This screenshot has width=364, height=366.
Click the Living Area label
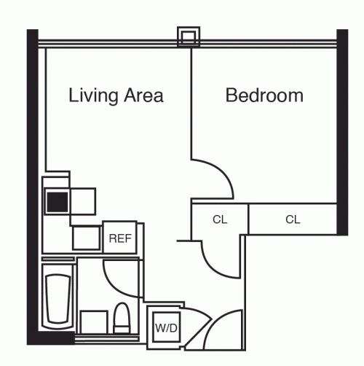115,96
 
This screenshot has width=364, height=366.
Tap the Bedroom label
264,96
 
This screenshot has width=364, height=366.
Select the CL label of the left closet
220,219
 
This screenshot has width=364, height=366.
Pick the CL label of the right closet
293,219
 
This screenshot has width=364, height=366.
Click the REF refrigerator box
118,238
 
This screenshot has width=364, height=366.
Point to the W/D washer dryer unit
166,327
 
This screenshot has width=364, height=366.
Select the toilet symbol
122,319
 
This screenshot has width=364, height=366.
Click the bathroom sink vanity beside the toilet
92,321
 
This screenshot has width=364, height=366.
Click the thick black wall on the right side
342,131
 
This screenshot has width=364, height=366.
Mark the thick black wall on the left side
33,182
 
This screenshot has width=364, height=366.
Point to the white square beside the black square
82,200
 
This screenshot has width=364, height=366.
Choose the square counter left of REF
86,238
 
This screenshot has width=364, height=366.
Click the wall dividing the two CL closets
248,219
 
